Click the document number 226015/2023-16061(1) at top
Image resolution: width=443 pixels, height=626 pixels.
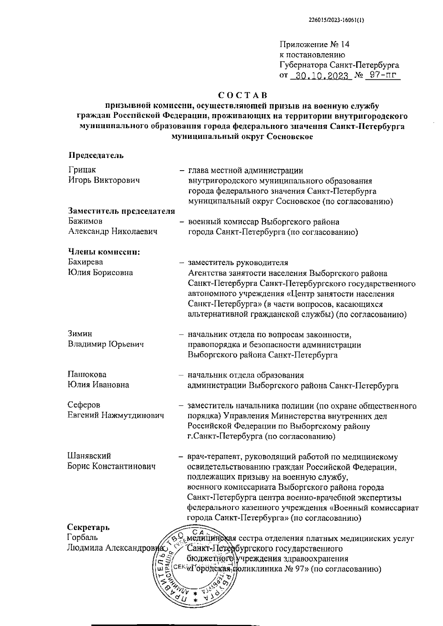tap(336, 21)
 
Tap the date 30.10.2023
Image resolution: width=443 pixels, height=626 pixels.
tap(320, 76)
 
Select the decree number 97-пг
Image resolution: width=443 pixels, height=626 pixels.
tap(382, 76)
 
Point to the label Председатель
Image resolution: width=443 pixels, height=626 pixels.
tap(96, 155)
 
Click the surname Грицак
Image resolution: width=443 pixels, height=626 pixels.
tap(82, 170)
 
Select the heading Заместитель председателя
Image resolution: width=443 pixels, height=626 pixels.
tap(121, 211)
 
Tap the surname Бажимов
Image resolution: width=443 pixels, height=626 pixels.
tap(85, 222)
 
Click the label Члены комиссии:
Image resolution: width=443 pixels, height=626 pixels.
tap(105, 252)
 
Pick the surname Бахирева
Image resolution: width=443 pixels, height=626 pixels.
tap(86, 262)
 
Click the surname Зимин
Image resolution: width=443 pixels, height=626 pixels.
tap(80, 334)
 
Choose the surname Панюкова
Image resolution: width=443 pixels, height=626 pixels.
tap(87, 375)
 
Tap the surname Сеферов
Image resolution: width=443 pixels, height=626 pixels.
tap(84, 405)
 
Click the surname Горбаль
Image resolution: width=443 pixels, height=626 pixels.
tap(83, 537)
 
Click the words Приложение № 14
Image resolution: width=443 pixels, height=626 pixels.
tap(314, 45)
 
